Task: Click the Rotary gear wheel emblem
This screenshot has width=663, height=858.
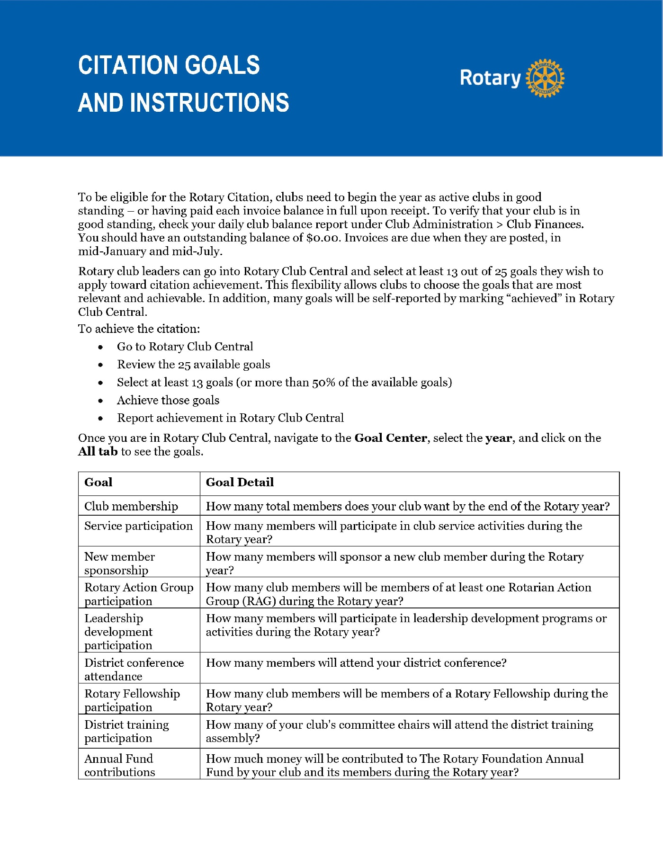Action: point(546,79)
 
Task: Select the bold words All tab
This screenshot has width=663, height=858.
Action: point(98,452)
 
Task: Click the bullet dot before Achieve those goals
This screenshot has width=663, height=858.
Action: point(100,401)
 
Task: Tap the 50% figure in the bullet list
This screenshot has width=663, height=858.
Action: point(324,383)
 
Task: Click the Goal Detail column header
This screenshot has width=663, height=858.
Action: point(240,483)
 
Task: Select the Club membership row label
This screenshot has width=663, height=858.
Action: point(131,507)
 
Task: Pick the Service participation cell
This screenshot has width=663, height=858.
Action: point(138,526)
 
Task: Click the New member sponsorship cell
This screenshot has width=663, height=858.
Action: point(119,563)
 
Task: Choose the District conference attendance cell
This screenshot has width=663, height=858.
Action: point(134,670)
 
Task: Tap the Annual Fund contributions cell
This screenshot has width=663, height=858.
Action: point(119,765)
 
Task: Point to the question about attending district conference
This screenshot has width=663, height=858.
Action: point(356,663)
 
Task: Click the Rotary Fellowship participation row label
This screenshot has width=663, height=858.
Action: point(132,700)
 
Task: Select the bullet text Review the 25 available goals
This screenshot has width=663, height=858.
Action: point(194,365)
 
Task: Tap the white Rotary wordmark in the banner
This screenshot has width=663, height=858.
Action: point(490,78)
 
